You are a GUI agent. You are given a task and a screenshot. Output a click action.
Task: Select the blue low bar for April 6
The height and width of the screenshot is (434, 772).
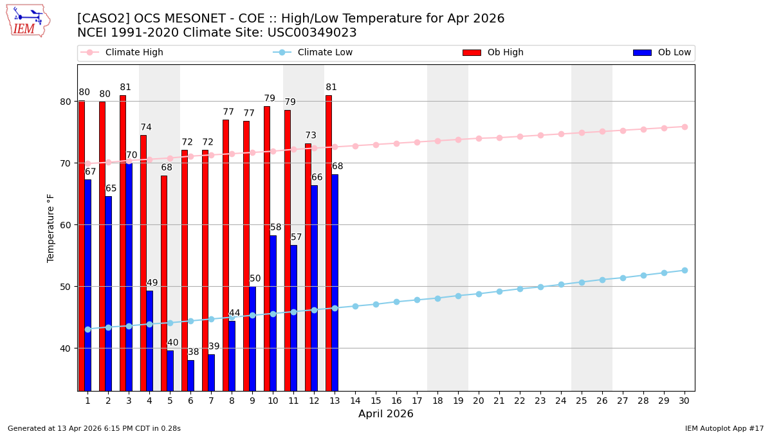(x=191, y=375)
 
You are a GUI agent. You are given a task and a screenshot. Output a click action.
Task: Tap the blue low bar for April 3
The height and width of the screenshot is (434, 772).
(x=129, y=276)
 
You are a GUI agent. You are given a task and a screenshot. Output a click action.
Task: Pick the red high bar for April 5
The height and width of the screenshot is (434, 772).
(x=164, y=283)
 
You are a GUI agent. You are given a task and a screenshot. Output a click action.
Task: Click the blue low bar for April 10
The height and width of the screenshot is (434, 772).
(x=273, y=313)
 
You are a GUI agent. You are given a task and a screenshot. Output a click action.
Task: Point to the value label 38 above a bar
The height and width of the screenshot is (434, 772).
(x=194, y=352)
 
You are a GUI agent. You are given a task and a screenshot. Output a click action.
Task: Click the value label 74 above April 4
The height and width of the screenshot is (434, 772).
(x=146, y=127)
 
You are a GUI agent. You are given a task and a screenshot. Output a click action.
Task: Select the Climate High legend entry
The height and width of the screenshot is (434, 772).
(x=134, y=53)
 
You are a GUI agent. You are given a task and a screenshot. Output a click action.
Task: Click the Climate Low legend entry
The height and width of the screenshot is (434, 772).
(x=325, y=53)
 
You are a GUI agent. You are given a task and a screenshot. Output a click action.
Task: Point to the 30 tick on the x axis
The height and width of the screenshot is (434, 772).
(x=685, y=401)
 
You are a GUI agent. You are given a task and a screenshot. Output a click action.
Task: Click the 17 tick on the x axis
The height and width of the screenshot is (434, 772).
(x=417, y=401)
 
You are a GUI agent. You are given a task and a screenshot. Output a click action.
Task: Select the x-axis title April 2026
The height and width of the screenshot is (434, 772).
(x=386, y=414)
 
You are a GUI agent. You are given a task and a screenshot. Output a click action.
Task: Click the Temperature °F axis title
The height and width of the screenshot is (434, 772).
(x=51, y=228)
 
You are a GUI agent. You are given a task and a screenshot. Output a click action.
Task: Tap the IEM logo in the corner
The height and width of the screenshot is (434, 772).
(x=28, y=21)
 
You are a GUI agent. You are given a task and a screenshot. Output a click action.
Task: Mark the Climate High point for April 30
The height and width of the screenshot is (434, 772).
(x=685, y=127)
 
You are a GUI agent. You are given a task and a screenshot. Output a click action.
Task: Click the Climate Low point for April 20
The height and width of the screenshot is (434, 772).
(x=479, y=294)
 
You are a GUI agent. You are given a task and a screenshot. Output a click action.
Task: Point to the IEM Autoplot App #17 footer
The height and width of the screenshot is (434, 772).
(x=724, y=428)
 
